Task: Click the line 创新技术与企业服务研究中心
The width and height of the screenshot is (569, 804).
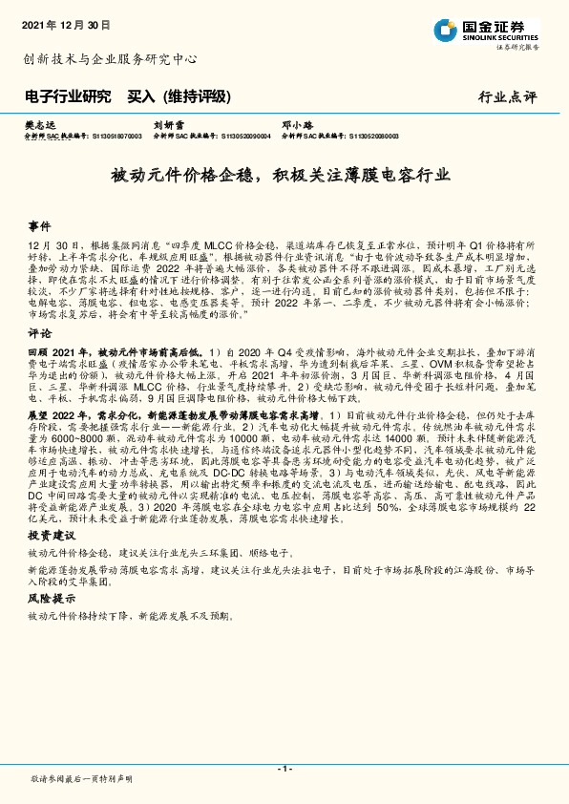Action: pyautogui.click(x=110, y=59)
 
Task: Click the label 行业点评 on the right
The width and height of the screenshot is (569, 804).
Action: pyautogui.click(x=508, y=97)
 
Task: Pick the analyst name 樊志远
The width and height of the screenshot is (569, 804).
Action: pyautogui.click(x=43, y=125)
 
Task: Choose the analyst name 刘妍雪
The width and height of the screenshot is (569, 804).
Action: pyautogui.click(x=169, y=125)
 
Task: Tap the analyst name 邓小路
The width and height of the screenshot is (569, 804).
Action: pyautogui.click(x=297, y=125)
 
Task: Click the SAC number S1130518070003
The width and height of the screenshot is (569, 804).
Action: pyautogui.click(x=114, y=137)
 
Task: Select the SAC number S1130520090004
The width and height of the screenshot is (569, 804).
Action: pyautogui.click(x=245, y=137)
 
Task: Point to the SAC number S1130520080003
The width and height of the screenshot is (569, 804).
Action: pyautogui.click(x=374, y=137)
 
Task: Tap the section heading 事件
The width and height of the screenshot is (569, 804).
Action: pyautogui.click(x=39, y=226)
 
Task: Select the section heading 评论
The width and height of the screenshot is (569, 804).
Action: pyautogui.click(x=39, y=334)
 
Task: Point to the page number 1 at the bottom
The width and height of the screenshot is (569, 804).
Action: pyautogui.click(x=284, y=769)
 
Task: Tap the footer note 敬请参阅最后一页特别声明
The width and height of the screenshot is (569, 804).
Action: pyautogui.click(x=81, y=779)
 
